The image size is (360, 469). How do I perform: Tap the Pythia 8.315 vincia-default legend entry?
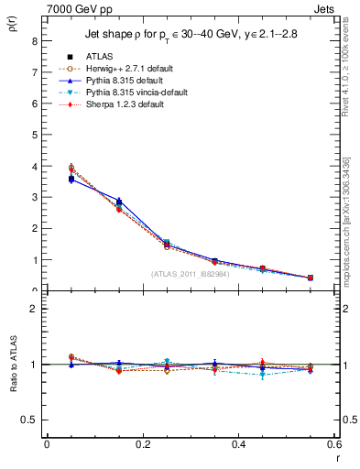(x=130, y=93)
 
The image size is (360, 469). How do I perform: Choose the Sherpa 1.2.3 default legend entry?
(x=119, y=105)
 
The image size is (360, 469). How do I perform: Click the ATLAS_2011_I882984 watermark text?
(x=190, y=273)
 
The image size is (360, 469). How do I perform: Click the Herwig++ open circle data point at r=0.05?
(x=71, y=168)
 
